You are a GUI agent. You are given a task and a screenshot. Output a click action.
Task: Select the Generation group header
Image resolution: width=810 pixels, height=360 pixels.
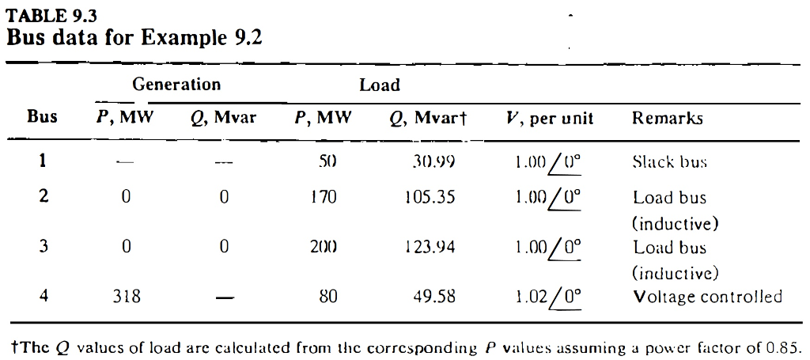(176, 85)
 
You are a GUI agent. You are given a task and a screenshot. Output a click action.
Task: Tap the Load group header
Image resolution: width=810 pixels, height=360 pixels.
(380, 85)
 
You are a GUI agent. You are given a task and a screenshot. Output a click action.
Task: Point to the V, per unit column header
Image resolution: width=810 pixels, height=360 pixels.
(549, 119)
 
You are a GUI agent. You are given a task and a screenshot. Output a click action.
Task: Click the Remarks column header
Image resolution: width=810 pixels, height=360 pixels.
(668, 119)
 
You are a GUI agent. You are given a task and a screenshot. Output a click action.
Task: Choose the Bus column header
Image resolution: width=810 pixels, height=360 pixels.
(43, 118)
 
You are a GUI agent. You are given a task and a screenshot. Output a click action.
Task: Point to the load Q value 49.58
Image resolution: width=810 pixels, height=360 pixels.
(434, 297)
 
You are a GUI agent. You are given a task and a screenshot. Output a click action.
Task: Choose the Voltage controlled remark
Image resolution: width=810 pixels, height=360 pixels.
(708, 297)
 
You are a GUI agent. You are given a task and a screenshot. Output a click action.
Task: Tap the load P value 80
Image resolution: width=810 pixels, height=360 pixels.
(327, 297)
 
